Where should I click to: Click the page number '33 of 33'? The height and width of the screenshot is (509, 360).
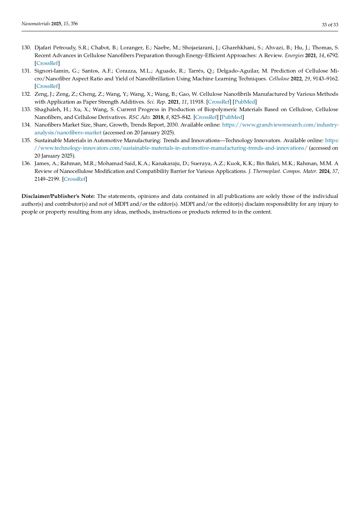pyautogui.click(x=330, y=25)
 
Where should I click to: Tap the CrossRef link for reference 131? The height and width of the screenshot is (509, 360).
pyautogui.click(x=47, y=86)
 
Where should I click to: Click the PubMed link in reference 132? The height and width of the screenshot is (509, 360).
pyautogui.click(x=245, y=102)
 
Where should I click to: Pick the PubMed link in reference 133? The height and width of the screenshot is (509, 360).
pyautogui.click(x=232, y=117)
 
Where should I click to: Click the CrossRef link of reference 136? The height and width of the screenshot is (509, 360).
pyautogui.click(x=75, y=179)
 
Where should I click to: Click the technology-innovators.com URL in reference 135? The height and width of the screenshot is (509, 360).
pyautogui.click(x=171, y=148)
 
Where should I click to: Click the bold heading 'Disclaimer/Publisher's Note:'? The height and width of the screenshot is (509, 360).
pyautogui.click(x=58, y=196)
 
